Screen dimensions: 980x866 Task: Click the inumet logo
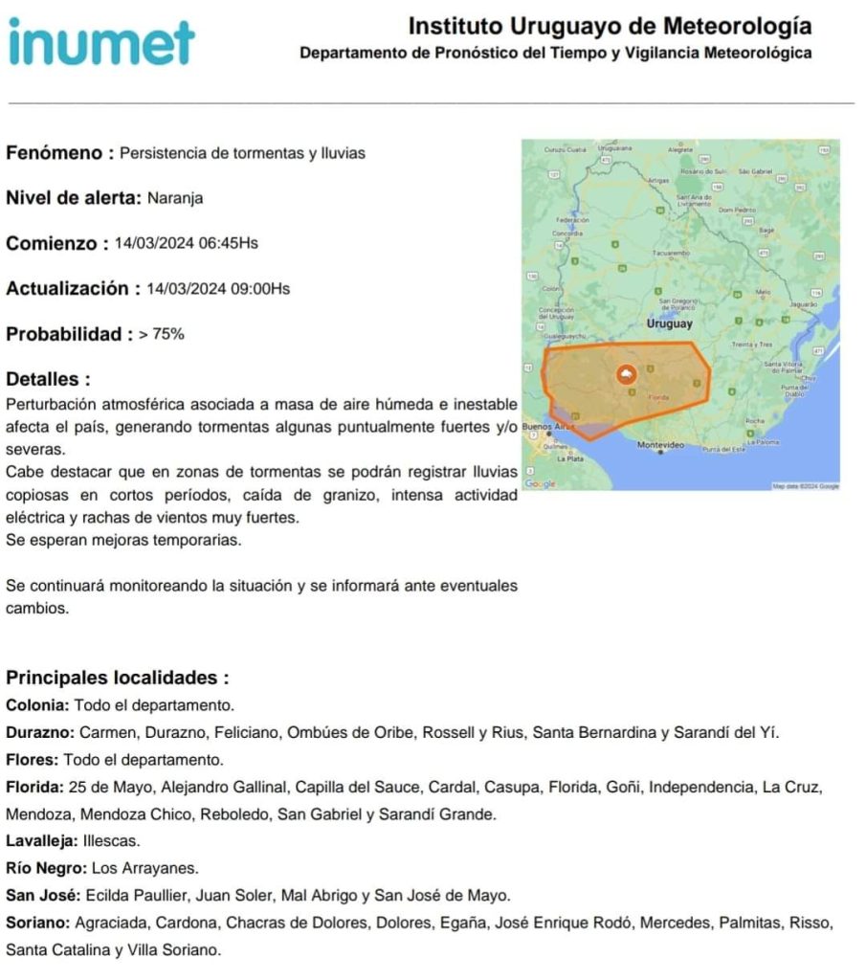[x=101, y=42]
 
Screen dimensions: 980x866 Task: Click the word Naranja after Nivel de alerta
[x=175, y=199]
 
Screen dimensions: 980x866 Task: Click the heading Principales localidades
[x=117, y=679]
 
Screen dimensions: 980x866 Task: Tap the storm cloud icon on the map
[x=627, y=373]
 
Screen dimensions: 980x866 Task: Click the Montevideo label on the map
[x=661, y=446]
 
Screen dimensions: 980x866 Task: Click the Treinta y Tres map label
[x=752, y=344]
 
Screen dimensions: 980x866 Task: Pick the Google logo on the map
[x=540, y=484]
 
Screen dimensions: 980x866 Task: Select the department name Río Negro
[x=46, y=869]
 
